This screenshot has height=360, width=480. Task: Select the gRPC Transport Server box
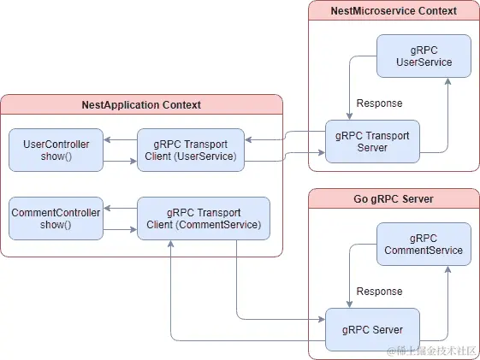click(x=372, y=141)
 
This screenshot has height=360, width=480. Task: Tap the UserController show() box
click(x=56, y=150)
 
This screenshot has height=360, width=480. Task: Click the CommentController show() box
click(x=56, y=218)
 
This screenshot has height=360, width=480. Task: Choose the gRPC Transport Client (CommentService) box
click(x=204, y=218)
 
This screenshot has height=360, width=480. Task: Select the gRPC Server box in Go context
click(x=372, y=329)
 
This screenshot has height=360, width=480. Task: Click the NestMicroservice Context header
click(x=394, y=11)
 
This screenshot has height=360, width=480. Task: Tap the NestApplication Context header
click(x=141, y=105)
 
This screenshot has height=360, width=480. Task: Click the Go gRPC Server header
click(x=394, y=199)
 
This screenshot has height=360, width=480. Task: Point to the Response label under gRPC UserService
click(x=379, y=103)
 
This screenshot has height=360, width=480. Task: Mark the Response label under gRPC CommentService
click(x=379, y=292)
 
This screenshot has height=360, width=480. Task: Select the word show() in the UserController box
click(x=56, y=156)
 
